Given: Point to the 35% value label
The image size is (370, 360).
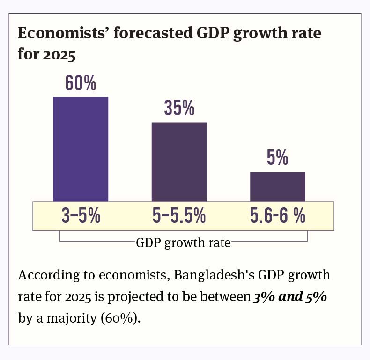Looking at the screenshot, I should [179, 108].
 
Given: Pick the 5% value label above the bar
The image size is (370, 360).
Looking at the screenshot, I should [277, 158].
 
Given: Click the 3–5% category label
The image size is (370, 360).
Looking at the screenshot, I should [81, 216].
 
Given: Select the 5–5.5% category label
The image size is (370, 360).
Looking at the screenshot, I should [179, 216].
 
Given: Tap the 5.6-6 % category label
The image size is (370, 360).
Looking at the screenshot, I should [277, 216].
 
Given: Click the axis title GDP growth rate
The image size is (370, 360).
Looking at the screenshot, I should [183, 243].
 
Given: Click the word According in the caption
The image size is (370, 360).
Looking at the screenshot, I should [42, 275].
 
